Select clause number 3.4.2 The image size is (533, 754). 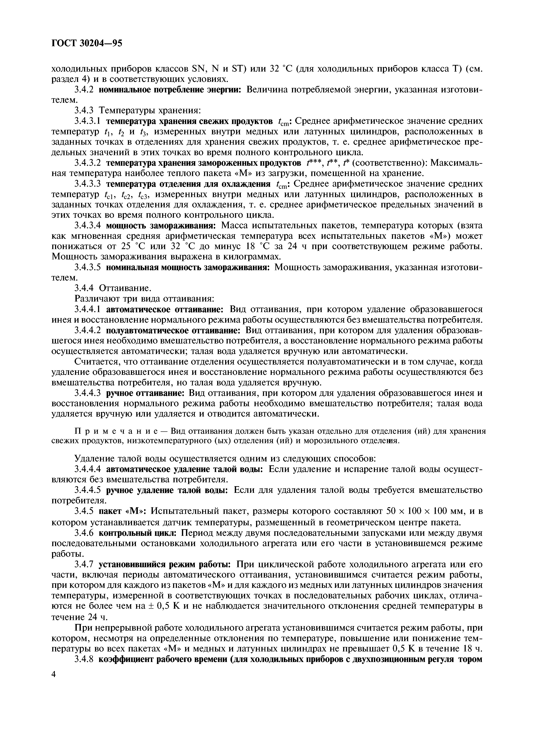coord(85,90)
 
